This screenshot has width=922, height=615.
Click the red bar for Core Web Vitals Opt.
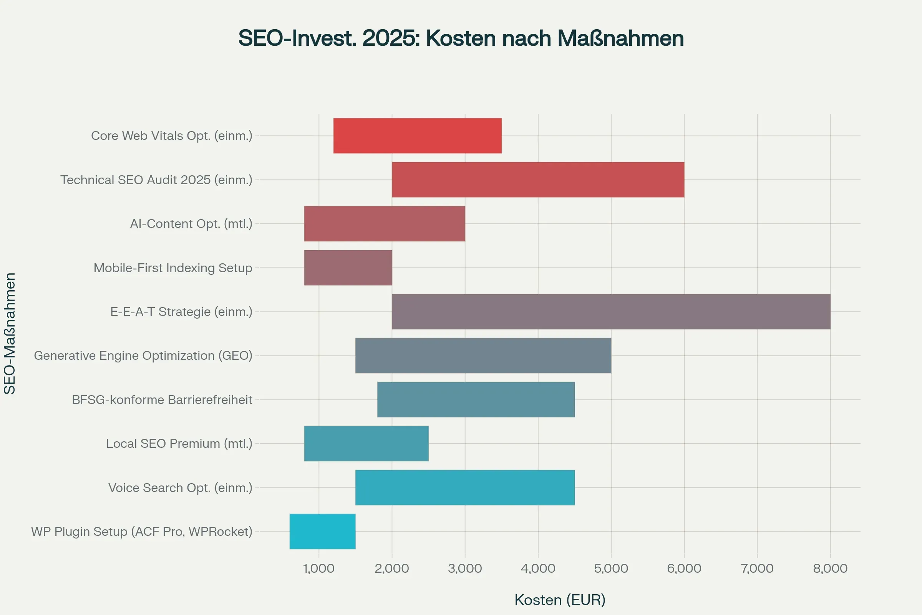pos(418,136)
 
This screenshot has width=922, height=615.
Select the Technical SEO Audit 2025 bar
pos(538,180)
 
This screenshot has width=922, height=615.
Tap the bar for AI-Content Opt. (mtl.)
pos(385,224)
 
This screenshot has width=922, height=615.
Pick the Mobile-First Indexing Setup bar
pos(348,268)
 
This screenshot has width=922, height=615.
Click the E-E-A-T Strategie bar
pos(611,311)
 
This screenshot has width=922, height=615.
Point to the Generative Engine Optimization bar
pos(483,355)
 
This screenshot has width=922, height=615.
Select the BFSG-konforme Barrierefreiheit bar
pos(476,399)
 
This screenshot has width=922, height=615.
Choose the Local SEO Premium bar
pos(366,443)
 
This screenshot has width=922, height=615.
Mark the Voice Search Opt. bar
pos(465,487)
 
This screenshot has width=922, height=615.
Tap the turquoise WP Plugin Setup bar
pos(323,532)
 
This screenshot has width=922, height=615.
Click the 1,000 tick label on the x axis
pos(319,568)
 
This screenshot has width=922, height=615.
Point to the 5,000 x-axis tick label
pos(611,568)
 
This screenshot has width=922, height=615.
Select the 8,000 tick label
pos(830,568)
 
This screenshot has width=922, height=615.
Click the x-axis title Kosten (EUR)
pos(560,600)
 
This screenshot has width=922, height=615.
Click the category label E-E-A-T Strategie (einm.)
pos(181,312)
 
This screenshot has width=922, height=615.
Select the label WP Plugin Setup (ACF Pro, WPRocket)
pos(141,532)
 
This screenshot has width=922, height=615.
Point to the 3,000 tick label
pos(465,568)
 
